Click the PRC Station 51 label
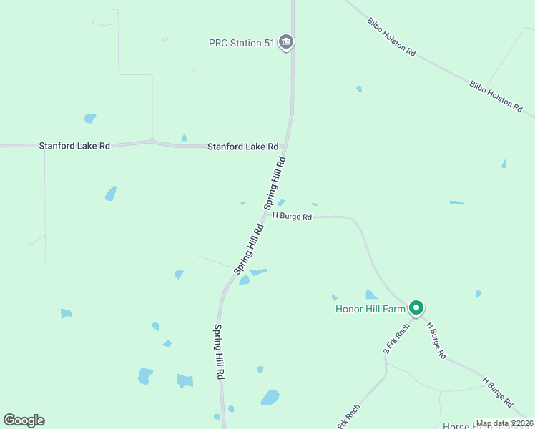(242, 43)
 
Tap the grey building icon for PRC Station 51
(286, 43)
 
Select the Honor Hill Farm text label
(370, 310)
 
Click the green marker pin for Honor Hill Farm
(416, 308)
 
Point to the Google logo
(24, 420)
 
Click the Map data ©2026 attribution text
(504, 424)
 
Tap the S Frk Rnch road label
(396, 338)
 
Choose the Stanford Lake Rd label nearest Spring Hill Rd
(242, 147)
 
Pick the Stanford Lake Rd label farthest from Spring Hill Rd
(74, 146)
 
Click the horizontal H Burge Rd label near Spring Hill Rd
(292, 217)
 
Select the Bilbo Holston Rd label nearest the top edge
(391, 36)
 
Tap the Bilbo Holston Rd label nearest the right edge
(496, 95)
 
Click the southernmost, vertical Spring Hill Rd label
(220, 352)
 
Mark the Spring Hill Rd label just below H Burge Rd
(249, 249)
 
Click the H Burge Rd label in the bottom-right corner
(499, 393)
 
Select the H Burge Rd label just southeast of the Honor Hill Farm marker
(437, 340)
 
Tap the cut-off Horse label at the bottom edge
(458, 426)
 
